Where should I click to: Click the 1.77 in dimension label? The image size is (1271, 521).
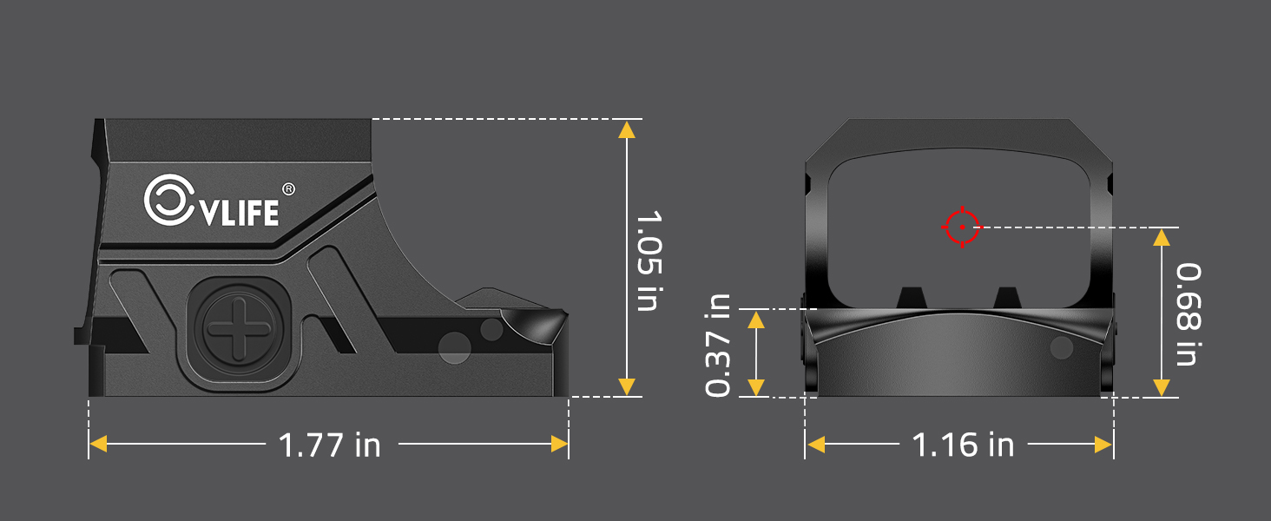click(x=329, y=445)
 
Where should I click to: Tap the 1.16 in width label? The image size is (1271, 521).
click(x=963, y=445)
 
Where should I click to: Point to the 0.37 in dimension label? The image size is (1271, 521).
click(x=719, y=345)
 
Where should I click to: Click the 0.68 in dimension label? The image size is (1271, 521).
click(x=1188, y=314)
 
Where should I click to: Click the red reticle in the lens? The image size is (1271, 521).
click(x=961, y=228)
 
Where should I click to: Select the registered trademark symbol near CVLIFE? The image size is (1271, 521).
click(x=289, y=188)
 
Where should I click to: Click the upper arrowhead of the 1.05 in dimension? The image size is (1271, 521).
click(x=626, y=129)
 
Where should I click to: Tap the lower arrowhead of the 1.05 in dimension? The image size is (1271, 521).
click(x=626, y=387)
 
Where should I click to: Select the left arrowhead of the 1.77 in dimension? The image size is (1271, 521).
click(x=98, y=445)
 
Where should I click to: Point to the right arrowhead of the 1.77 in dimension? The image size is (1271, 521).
click(x=559, y=445)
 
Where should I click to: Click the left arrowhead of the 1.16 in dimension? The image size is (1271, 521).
click(x=816, y=445)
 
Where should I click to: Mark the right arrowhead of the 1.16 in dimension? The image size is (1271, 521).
click(x=1103, y=445)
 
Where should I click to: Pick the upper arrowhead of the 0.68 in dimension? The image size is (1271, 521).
click(x=1161, y=237)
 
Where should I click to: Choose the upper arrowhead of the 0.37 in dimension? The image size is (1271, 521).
click(x=756, y=320)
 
